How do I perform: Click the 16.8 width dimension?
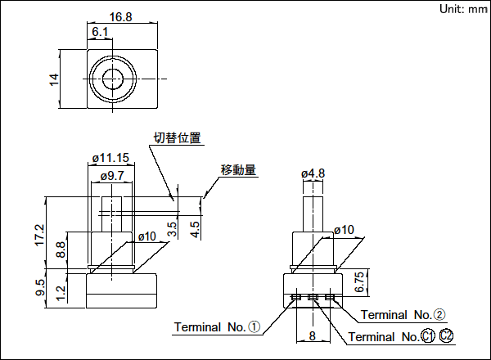pyautogui.click(x=120, y=16)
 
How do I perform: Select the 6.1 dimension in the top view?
pyautogui.click(x=101, y=32)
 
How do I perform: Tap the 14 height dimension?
pyautogui.click(x=54, y=79)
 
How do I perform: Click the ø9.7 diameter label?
pyautogui.click(x=112, y=176)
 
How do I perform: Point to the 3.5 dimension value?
pyautogui.click(x=172, y=228)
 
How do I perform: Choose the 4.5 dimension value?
pyautogui.click(x=195, y=228)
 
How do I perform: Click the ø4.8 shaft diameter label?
pyautogui.click(x=313, y=173)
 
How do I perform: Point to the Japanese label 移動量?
pyautogui.click(x=238, y=170)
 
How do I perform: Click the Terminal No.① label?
pyautogui.click(x=217, y=327)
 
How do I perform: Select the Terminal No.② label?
pyautogui.click(x=403, y=314)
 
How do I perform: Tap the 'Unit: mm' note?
pyautogui.click(x=463, y=9)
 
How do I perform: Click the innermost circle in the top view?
pyautogui.click(x=112, y=79)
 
